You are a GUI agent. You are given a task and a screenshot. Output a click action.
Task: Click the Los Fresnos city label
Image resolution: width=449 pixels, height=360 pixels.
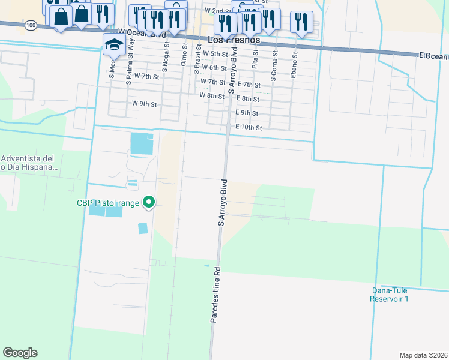pos(234,40)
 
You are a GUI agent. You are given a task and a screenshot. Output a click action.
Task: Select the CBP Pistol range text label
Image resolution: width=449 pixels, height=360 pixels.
pos(108,203)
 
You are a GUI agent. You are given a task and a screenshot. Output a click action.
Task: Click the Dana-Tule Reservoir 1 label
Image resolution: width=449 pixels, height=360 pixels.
pos(390,295)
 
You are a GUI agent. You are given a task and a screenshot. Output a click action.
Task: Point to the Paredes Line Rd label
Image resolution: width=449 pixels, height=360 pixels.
pos(214,295)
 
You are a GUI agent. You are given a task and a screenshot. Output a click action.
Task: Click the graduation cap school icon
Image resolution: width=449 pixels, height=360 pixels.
pos(113,44)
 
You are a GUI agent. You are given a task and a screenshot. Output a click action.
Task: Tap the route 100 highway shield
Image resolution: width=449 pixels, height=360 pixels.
pos(31,26)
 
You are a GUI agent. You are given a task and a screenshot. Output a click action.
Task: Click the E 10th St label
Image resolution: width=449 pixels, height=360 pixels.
pos(249,127)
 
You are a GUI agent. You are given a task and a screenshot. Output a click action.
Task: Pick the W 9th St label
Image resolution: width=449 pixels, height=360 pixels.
pos(144,104)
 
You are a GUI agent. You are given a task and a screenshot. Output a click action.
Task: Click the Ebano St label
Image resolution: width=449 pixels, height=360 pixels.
pos(295,63)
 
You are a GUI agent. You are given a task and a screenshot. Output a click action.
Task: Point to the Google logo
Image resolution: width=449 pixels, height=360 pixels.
pos(20,353)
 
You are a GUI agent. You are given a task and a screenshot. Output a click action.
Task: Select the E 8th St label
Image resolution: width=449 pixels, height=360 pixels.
pos(247,98)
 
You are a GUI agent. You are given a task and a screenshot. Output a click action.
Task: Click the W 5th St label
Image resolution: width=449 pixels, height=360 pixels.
pos(214,53)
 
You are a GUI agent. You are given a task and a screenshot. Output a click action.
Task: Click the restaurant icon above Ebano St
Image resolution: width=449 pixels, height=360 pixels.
pos(300,22)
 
